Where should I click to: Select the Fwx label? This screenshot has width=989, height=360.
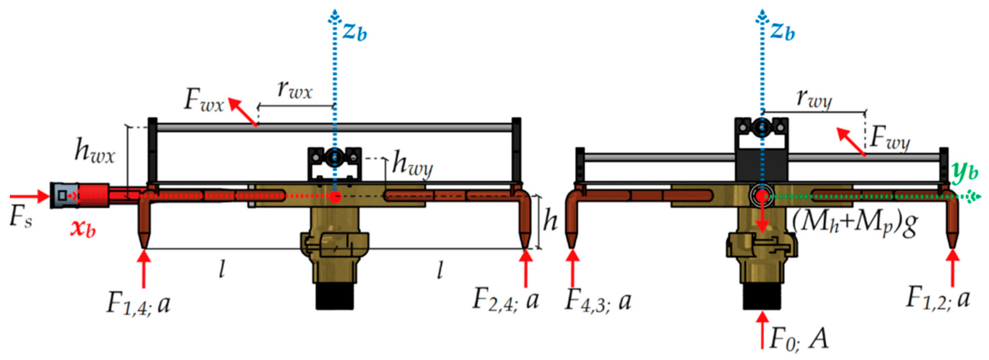pyautogui.click(x=204, y=101)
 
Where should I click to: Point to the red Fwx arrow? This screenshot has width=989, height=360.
pyautogui.click(x=243, y=112)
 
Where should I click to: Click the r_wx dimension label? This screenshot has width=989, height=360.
pyautogui.click(x=295, y=91)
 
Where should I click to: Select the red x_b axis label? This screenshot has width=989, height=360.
pyautogui.click(x=83, y=229)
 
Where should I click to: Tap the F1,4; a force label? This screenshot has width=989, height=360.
pyautogui.click(x=138, y=304)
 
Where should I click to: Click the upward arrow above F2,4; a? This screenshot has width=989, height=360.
pyautogui.click(x=526, y=269)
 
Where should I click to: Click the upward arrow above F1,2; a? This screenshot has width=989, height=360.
pyautogui.click(x=953, y=269)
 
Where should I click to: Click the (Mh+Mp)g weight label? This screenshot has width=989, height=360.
pyautogui.click(x=855, y=224)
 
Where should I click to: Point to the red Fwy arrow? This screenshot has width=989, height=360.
pyautogui.click(x=851, y=142)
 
